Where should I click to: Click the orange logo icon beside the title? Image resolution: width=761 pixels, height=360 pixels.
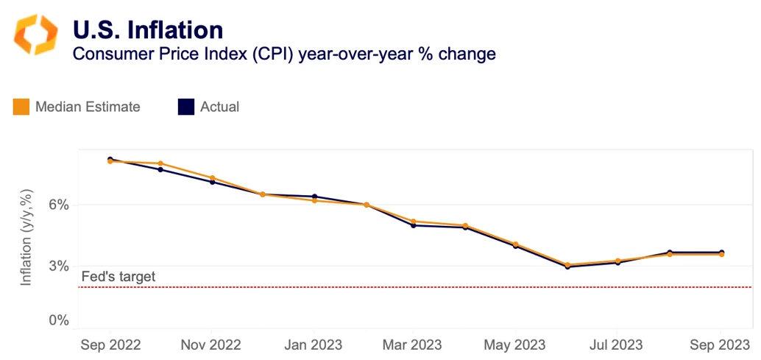click(x=35, y=34)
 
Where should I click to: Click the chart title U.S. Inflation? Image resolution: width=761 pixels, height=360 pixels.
click(x=147, y=29)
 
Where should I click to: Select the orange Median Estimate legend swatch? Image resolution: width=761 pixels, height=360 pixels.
click(x=21, y=107)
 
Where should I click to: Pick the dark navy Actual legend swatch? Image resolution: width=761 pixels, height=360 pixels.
click(x=186, y=107)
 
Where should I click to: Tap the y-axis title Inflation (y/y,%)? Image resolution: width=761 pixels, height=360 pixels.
click(x=26, y=237)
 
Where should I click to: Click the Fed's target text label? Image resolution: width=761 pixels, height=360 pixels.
click(x=118, y=277)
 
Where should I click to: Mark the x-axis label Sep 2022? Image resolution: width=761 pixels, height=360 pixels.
click(x=110, y=345)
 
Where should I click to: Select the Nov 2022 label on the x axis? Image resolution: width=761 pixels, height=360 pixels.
click(x=211, y=345)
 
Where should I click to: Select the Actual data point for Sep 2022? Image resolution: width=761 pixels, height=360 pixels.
click(x=110, y=159)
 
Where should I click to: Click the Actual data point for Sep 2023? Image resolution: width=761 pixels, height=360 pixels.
click(x=721, y=253)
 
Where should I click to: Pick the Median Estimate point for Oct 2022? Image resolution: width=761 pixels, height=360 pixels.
click(x=160, y=163)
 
